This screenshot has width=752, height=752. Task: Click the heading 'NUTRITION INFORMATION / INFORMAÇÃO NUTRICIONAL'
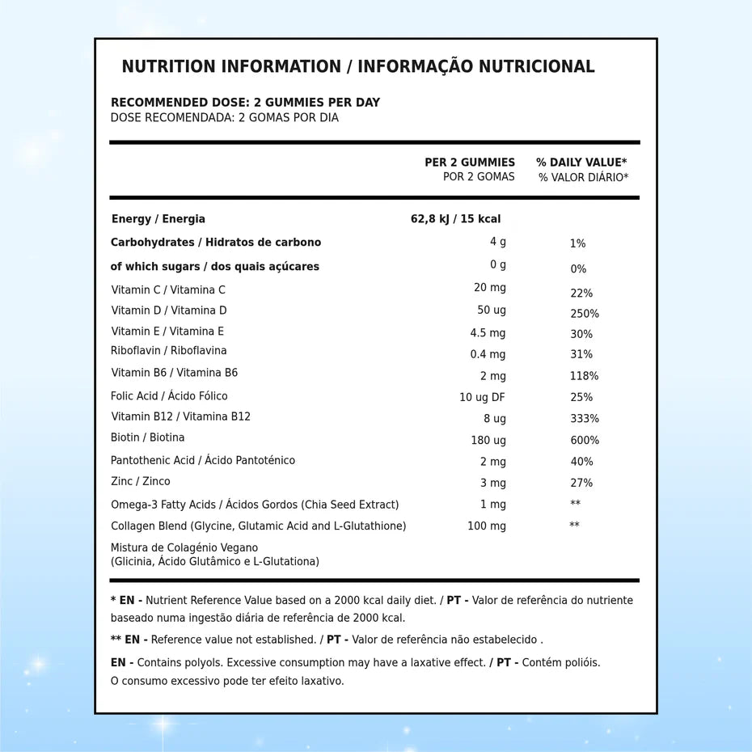click(357, 66)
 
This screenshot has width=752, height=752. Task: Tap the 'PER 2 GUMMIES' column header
click(470, 163)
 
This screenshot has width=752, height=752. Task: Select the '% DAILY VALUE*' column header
click(581, 163)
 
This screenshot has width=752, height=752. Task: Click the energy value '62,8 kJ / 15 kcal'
click(455, 218)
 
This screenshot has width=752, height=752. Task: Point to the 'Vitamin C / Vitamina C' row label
click(168, 289)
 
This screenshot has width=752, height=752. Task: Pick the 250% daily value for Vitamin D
click(584, 314)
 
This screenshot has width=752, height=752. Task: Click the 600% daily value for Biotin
click(584, 441)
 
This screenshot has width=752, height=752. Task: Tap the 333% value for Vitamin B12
click(584, 419)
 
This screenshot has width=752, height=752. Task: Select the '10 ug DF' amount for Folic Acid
click(482, 397)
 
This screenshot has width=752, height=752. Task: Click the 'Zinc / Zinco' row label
click(141, 481)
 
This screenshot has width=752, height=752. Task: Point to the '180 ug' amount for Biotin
click(488, 441)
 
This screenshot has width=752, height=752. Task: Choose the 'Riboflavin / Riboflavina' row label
click(169, 350)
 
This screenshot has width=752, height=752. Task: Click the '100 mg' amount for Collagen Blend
click(487, 526)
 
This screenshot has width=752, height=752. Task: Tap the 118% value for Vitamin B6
click(584, 376)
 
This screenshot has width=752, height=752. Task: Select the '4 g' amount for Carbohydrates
click(498, 242)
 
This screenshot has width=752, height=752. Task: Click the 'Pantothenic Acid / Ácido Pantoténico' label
click(203, 460)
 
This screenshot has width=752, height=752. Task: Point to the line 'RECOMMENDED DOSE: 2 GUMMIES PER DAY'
click(245, 103)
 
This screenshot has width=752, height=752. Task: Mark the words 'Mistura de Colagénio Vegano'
click(184, 547)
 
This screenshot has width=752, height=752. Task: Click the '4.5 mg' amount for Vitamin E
click(488, 333)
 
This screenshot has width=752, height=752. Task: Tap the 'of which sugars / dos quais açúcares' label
click(215, 266)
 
